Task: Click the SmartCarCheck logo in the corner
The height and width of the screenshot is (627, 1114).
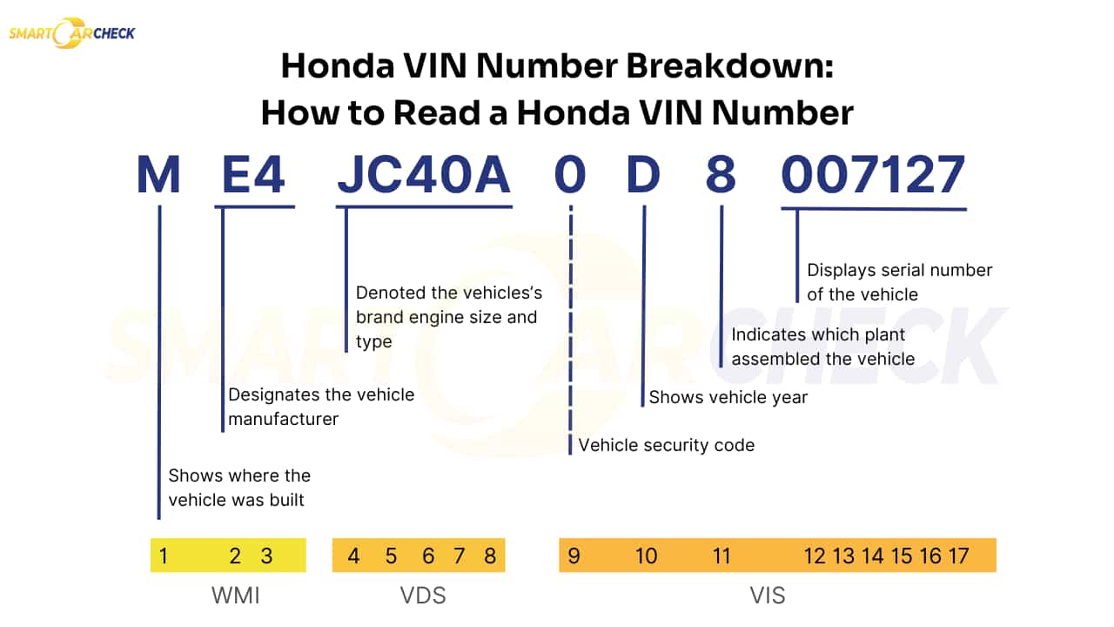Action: (71, 34)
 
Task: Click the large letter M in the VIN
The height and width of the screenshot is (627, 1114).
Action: (158, 175)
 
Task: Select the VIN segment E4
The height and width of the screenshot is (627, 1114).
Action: (253, 175)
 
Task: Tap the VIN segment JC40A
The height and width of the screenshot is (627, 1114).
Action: (423, 175)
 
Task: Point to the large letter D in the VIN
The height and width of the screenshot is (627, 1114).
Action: (644, 175)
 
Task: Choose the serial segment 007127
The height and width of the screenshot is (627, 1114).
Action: (873, 175)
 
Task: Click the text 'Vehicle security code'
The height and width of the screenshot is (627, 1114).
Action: (666, 445)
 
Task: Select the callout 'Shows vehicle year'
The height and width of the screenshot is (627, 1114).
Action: (728, 397)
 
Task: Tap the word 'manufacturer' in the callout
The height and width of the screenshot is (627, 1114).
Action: (283, 419)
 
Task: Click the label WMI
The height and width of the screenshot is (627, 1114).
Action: (236, 596)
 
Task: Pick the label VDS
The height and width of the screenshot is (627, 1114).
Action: (422, 596)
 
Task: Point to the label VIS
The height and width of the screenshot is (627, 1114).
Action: (767, 596)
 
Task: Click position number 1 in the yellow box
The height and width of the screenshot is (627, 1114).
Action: (163, 556)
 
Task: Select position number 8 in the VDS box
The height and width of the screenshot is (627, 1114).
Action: (490, 556)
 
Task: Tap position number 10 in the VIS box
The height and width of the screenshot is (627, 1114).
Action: (646, 556)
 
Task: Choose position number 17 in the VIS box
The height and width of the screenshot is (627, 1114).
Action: (958, 556)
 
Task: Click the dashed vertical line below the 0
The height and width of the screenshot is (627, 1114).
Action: (571, 331)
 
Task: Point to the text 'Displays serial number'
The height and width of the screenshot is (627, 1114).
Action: (899, 270)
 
